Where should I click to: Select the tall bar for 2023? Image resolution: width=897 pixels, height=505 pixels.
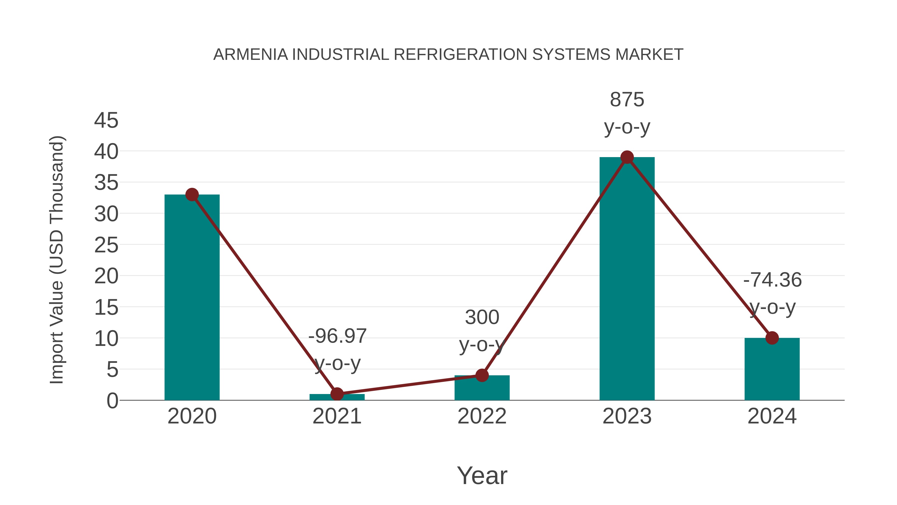coord(627,279)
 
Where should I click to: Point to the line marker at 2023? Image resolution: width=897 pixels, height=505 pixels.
coord(627,157)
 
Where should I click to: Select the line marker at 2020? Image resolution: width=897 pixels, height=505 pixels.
coord(192,195)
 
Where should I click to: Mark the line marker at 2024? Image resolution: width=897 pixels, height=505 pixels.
coord(772,338)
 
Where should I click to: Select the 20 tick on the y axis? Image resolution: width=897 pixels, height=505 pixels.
coord(106,276)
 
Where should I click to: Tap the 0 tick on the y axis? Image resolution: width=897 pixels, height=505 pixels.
coord(112,401)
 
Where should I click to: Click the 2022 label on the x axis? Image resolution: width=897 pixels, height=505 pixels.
coord(482,416)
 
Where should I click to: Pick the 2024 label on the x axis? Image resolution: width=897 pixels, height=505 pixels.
coord(772,416)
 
